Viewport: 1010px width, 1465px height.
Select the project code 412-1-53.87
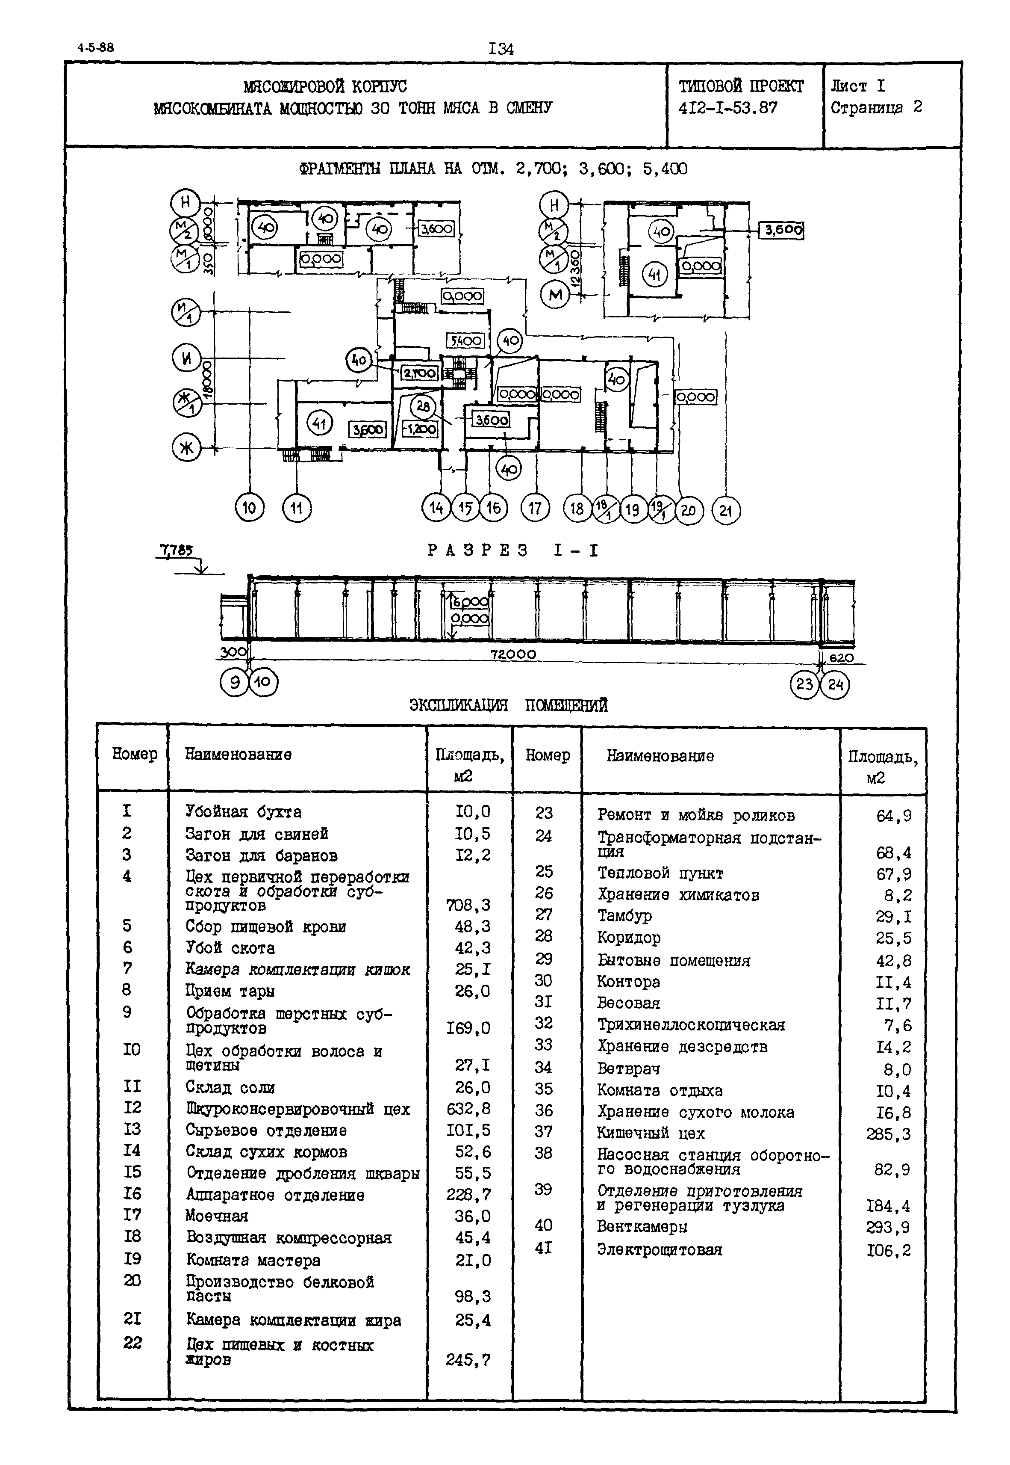[728, 108]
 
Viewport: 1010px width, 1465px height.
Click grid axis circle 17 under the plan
[536, 509]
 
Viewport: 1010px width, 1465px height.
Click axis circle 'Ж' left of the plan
[186, 448]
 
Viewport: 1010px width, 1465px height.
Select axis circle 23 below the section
[804, 685]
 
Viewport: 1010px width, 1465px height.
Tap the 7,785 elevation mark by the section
[177, 552]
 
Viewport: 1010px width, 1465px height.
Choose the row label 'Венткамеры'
[642, 1226]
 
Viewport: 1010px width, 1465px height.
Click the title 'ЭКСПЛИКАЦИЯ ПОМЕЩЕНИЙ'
[509, 705]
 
